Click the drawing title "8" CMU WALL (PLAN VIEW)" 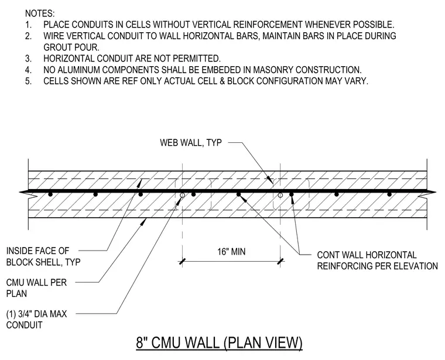pyautogui.click(x=219, y=342)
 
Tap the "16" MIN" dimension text pyautogui.click(x=231, y=252)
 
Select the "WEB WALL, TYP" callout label pyautogui.click(x=191, y=142)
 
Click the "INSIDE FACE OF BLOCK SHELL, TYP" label pyautogui.click(x=43, y=256)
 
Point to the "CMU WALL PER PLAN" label pyautogui.click(x=36, y=288)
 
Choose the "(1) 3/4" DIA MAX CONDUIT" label pyautogui.click(x=37, y=320)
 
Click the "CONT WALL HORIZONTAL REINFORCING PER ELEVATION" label pyautogui.click(x=378, y=260)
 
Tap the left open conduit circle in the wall pyautogui.click(x=183, y=195)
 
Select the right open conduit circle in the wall pyautogui.click(x=280, y=195)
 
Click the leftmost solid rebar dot pyautogui.click(x=50, y=194)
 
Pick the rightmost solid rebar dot pyautogui.click(x=389, y=194)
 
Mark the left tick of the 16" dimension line pyautogui.click(x=182, y=261)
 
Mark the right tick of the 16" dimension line pyautogui.click(x=280, y=261)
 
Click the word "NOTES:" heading pyautogui.click(x=40, y=13)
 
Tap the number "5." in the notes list pyautogui.click(x=28, y=81)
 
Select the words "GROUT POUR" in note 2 pyautogui.click(x=71, y=47)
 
